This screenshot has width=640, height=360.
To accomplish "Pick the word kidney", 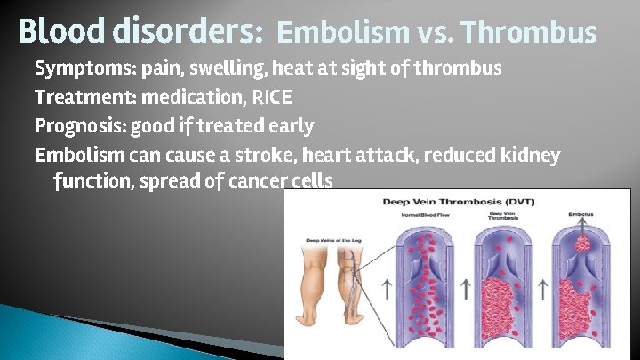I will [x=530, y=156].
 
